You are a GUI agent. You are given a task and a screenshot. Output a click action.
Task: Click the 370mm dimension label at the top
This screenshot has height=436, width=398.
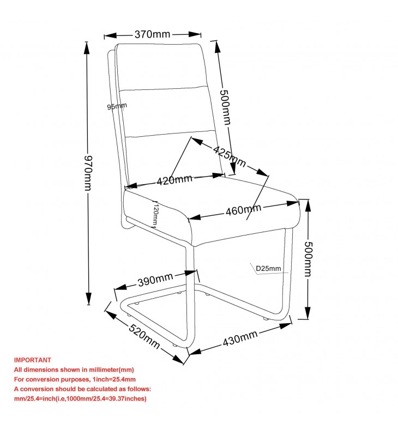[x=152, y=34]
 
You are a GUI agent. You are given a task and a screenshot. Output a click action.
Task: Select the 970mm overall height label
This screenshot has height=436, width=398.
[x=88, y=173]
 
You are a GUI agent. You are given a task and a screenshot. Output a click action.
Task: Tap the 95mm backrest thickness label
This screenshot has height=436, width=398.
[x=117, y=106]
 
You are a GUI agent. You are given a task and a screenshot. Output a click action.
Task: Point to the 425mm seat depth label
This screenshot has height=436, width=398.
[x=230, y=157]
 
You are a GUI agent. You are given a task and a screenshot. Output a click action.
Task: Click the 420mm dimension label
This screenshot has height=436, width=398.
[x=174, y=180]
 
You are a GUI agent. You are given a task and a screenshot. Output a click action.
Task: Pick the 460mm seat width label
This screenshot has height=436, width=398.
[x=243, y=210]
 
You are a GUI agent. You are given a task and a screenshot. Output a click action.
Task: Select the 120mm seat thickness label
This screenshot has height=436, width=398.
[x=155, y=214]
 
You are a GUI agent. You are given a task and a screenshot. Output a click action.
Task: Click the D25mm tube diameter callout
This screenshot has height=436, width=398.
[x=268, y=268]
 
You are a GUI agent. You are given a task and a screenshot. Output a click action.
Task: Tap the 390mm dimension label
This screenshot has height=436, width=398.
[x=155, y=280]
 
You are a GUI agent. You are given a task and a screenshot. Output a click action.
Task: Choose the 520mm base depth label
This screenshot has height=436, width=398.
[x=144, y=336]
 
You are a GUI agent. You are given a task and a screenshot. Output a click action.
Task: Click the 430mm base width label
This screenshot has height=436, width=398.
[x=240, y=338]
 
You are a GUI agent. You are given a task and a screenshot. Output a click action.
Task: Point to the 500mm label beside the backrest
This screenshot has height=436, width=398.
[x=225, y=107]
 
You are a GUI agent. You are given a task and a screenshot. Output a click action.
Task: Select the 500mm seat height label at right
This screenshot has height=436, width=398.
[x=308, y=259]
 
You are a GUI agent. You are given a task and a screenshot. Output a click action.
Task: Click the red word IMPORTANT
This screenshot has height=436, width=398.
[x=33, y=360]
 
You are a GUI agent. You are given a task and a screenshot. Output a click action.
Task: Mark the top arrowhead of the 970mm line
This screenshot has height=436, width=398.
[x=87, y=48]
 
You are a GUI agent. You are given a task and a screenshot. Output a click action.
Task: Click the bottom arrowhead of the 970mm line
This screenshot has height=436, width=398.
[x=88, y=299]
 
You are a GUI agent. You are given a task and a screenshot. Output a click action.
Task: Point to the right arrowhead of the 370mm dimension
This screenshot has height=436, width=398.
[x=195, y=34]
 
